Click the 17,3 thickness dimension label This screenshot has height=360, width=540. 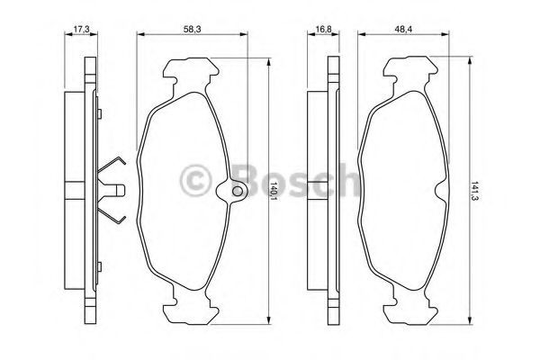(x=82, y=30)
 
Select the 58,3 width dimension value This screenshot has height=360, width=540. (x=192, y=30)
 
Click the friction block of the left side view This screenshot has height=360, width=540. (x=76, y=190)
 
